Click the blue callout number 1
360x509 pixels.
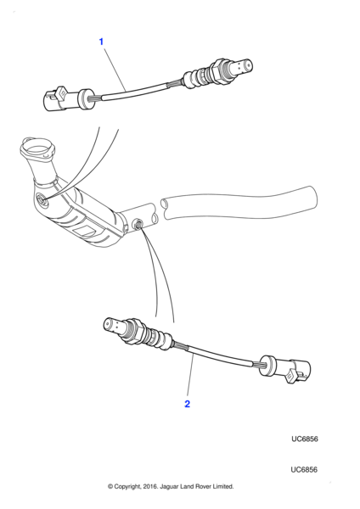101,42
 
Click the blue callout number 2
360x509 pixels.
187,404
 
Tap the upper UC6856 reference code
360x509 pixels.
305,439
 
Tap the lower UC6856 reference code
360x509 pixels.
305,469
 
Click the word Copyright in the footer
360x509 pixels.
127,487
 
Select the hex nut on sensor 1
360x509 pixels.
217,70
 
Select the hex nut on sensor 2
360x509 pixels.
138,332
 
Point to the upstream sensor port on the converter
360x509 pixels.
42,199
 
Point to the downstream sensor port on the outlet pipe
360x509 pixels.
138,223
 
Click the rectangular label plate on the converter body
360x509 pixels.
85,232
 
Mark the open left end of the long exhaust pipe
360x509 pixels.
166,209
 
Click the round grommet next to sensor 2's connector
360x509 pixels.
267,366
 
